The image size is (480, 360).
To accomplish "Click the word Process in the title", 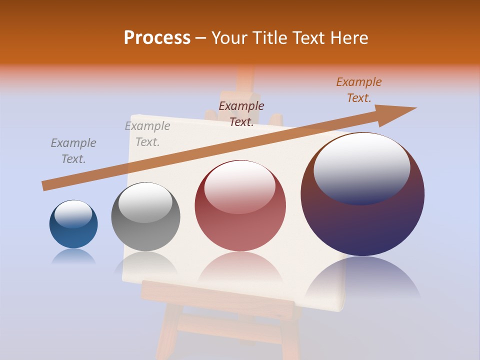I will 157,38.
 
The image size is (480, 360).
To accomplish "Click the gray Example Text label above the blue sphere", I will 73,151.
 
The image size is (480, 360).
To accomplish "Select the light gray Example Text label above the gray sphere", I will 147,134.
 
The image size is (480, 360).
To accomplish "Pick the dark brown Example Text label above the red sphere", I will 241,113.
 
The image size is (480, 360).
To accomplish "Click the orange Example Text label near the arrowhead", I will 358,89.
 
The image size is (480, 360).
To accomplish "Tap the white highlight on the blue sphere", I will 73,214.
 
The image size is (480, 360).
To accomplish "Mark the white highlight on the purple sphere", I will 361,167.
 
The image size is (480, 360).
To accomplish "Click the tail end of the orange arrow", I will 46,185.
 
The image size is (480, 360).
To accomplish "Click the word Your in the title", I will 228,38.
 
